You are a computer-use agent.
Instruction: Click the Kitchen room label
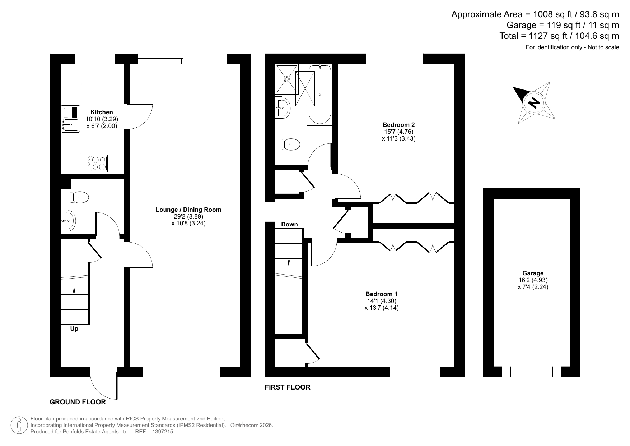point(102,112)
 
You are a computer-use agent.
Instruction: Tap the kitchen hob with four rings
point(98,163)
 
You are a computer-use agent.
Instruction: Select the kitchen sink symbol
point(70,119)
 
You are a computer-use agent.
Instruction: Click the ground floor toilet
point(80,197)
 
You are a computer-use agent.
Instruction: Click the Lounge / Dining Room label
point(188,210)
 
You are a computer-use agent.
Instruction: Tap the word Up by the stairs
point(74,328)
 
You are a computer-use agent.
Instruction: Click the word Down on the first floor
point(289,224)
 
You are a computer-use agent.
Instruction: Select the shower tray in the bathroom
point(287,79)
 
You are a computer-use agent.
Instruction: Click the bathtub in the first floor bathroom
point(319,95)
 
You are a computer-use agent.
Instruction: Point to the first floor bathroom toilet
point(291,144)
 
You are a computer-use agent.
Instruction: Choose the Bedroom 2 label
point(398,125)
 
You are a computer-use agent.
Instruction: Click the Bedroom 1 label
point(381,294)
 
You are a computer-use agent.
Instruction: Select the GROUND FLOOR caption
point(78,402)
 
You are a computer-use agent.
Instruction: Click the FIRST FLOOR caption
point(288,387)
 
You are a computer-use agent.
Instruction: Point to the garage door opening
point(531,372)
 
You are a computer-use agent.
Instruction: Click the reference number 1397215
point(163,432)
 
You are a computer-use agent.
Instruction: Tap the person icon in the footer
point(20,425)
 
